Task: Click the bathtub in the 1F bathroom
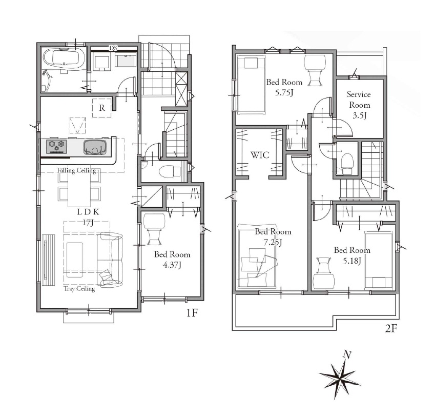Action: click(64, 59)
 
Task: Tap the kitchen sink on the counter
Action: click(95, 147)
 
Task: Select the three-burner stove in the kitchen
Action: click(57, 146)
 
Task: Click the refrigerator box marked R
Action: click(102, 108)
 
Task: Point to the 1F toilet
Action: click(168, 171)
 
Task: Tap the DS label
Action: click(113, 48)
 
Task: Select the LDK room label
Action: click(88, 212)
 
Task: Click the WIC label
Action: click(260, 155)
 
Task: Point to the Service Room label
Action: click(359, 100)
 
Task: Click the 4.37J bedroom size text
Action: click(172, 265)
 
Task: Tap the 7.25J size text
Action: click(273, 243)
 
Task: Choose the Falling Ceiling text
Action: click(77, 170)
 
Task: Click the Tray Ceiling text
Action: click(79, 289)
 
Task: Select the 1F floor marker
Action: click(192, 313)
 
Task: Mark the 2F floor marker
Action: click(391, 328)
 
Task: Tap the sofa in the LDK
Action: click(110, 260)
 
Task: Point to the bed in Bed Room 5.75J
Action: click(252, 85)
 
